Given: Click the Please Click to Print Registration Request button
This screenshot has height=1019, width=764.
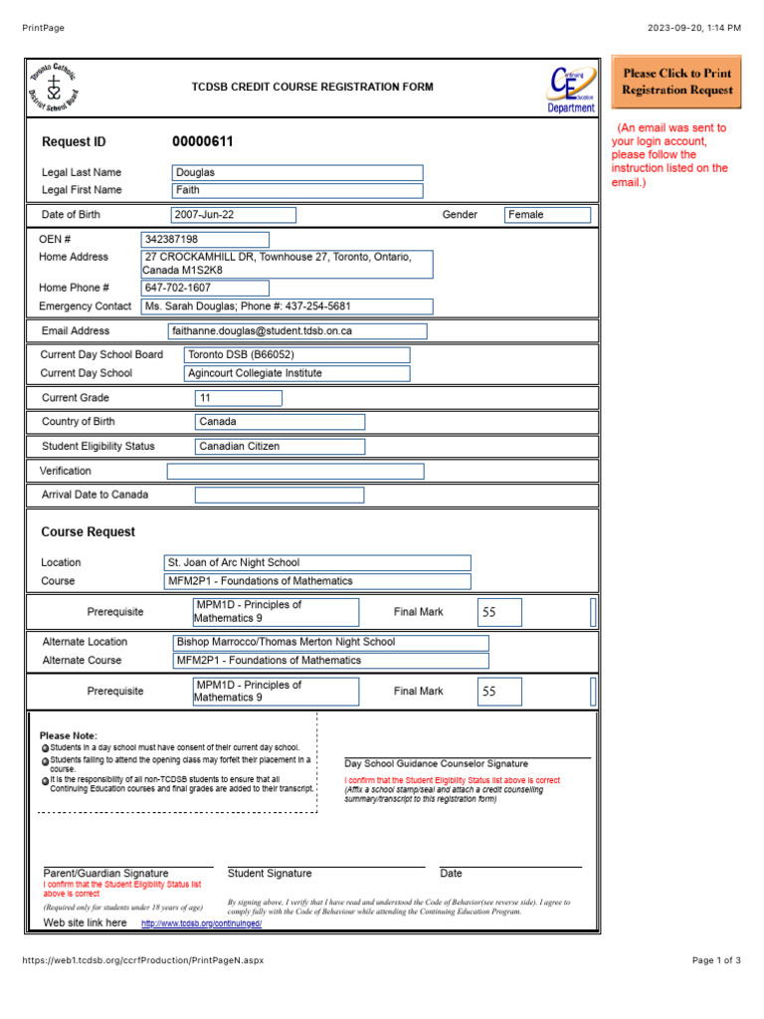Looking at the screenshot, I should tap(676, 82).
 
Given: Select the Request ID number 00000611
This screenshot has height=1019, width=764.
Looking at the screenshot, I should tap(203, 142).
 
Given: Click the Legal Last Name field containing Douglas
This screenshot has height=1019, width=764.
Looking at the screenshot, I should tap(297, 172).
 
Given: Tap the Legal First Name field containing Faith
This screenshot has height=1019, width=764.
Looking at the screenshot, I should tap(297, 190).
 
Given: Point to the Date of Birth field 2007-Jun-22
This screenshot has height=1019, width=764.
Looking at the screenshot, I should tap(234, 214).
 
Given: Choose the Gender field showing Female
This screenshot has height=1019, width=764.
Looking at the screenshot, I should tap(547, 214).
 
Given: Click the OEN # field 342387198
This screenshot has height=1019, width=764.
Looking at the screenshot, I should tap(206, 239).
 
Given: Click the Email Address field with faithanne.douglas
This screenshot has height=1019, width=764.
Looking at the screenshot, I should tap(297, 330).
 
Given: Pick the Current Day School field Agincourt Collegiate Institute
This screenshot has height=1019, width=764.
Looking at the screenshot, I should tap(296, 373).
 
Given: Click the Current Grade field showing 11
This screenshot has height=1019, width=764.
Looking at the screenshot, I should tap(239, 398).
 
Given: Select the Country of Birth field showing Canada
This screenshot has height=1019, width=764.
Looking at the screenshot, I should tap(280, 422).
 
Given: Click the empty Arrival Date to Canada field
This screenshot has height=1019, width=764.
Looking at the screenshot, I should tap(280, 495).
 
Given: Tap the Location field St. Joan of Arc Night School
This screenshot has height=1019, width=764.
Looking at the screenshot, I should tap(317, 562).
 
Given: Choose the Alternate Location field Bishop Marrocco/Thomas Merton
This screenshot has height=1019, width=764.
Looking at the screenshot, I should tap(330, 642).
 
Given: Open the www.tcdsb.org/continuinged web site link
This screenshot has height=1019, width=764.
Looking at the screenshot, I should tap(201, 923).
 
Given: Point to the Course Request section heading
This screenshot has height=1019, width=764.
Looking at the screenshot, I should tap(89, 532).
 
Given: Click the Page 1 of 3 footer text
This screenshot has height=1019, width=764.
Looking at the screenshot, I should tap(716, 960).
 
